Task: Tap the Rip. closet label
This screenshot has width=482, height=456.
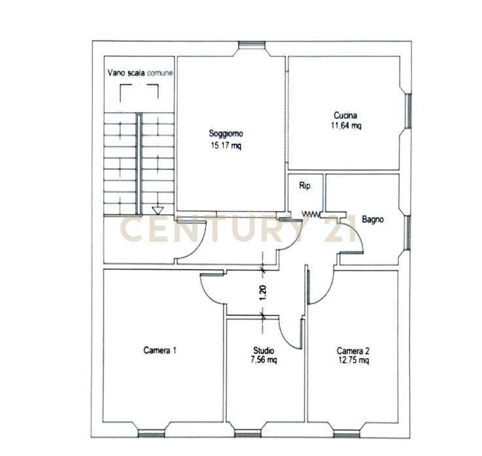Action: (x=305, y=186)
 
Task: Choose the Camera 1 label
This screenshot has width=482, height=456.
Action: (x=160, y=350)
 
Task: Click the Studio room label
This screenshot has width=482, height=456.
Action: (x=264, y=350)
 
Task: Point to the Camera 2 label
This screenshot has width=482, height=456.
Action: (x=354, y=350)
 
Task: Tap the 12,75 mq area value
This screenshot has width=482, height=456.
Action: (x=354, y=360)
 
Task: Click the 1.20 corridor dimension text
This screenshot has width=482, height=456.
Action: (x=263, y=293)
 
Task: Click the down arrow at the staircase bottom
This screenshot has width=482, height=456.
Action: (x=157, y=210)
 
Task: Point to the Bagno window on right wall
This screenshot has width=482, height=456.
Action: (x=408, y=232)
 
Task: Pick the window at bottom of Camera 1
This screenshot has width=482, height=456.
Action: (x=152, y=432)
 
